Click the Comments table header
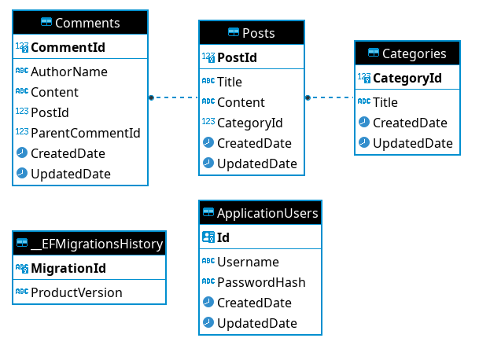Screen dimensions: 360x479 coord(79,23)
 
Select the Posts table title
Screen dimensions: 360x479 coord(251,32)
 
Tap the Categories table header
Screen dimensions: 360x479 coord(406,53)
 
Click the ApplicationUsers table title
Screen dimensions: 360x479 coord(260,212)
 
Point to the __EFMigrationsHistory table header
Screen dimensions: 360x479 coord(89,244)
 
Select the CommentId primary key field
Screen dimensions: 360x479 coord(68,47)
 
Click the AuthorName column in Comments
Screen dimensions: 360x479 coord(69,72)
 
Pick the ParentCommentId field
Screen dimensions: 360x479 coord(85,133)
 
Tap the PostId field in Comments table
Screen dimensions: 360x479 coord(50,112)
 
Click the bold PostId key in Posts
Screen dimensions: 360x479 coord(237,57)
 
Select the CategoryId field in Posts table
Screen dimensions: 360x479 coord(249,123)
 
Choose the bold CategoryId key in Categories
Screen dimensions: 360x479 coord(407,78)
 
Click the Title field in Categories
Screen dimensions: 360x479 coord(385,102)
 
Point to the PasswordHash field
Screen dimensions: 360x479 coord(260,282)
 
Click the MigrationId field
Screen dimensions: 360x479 coord(68,268)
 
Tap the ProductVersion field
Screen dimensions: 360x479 coord(76,292)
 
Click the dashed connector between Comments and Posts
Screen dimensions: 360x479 coord(173,98)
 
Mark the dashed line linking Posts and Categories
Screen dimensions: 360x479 coord(330,98)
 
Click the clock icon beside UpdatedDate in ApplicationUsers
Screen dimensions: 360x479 coord(208,323)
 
